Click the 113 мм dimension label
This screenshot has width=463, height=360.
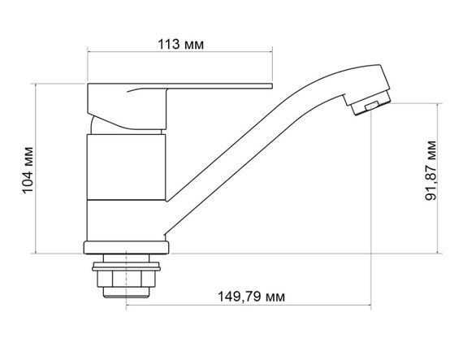pyautogui.click(x=178, y=45)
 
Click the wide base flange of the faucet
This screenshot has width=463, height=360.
pyautogui.click(x=127, y=246)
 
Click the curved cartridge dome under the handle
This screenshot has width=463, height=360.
pyautogui.click(x=102, y=126)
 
